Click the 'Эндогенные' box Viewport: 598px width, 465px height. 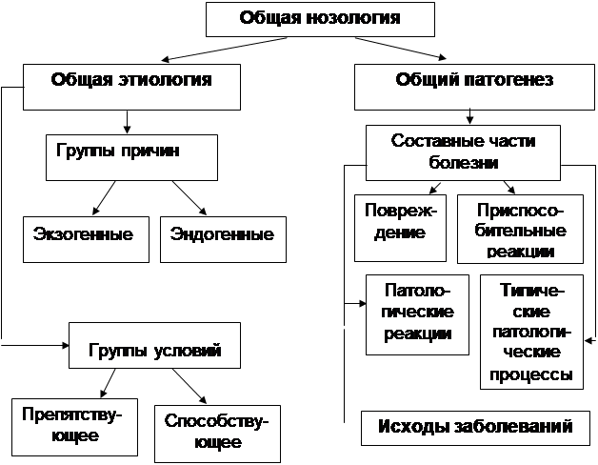click(x=222, y=236)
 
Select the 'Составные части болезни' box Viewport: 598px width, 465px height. click(x=464, y=152)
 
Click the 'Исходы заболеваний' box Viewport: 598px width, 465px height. click(x=475, y=426)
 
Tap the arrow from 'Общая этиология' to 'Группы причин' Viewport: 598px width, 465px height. click(x=128, y=120)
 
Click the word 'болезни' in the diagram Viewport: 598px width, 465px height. click(x=464, y=163)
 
